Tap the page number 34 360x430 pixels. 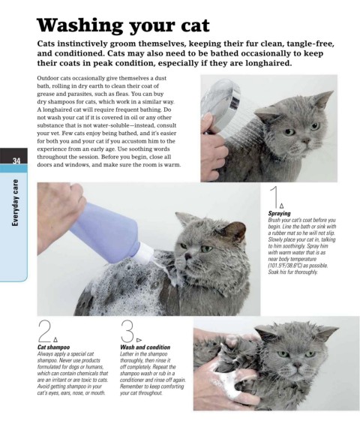[x=16, y=161]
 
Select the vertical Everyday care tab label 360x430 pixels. [x=16, y=203]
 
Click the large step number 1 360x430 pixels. [x=274, y=197]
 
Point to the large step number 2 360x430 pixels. [x=45, y=331]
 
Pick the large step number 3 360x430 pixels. [x=127, y=331]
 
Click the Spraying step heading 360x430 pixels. [x=280, y=213]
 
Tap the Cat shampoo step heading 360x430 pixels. [x=53, y=347]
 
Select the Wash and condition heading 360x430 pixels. [x=145, y=347]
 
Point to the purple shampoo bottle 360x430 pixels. [x=109, y=230]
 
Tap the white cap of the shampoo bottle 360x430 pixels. [x=145, y=253]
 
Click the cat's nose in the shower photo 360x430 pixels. [x=305, y=141]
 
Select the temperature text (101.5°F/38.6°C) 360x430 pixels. [x=284, y=266]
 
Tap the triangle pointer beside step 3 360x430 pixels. [x=139, y=340]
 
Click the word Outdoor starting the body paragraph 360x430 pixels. [x=46, y=78]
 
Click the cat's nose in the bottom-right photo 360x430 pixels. [x=297, y=365]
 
